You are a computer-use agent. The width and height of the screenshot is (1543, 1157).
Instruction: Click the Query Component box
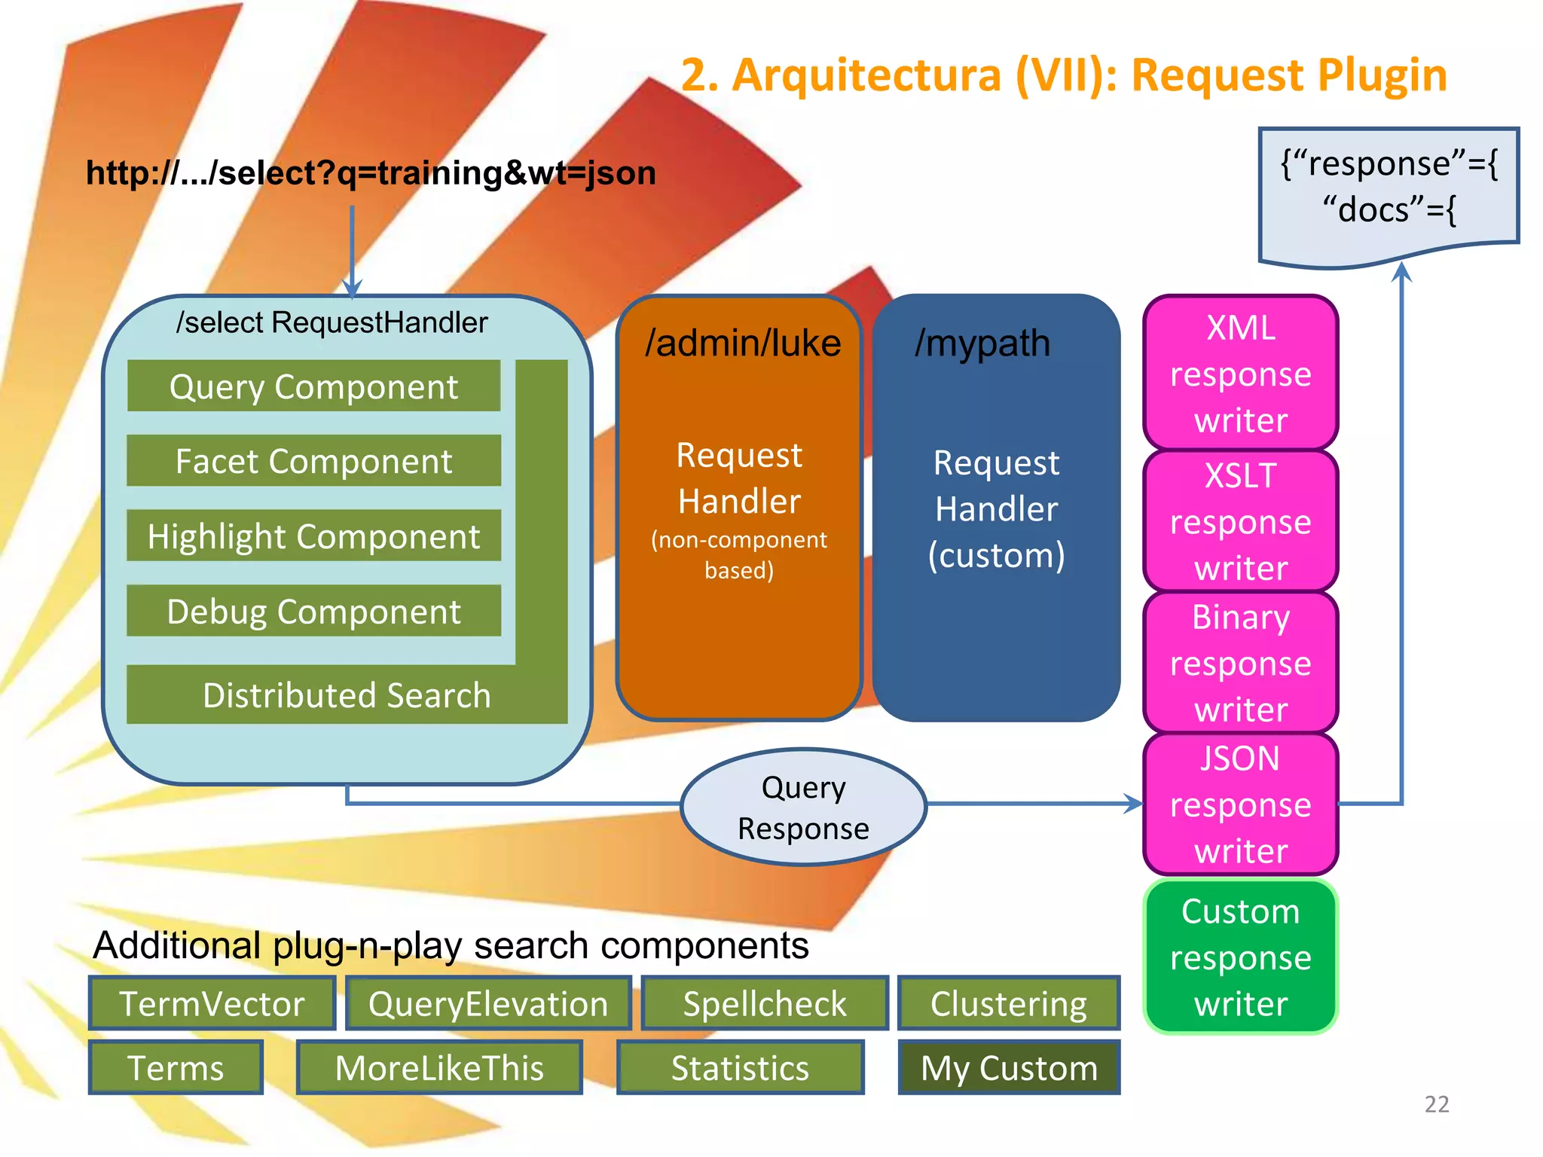pos(313,386)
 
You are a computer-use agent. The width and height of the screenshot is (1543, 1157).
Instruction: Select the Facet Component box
pos(313,461)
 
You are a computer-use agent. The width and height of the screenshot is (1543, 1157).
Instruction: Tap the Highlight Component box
pos(313,536)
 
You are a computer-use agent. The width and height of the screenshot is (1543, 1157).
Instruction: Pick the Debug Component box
pos(313,611)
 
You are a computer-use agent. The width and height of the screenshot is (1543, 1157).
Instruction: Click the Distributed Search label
pos(347,695)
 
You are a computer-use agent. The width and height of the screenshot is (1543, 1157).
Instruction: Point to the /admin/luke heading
pos(742,343)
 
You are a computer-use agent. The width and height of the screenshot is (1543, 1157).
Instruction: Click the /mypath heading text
pos(982,343)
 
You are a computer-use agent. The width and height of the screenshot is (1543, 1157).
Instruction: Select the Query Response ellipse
pos(803,807)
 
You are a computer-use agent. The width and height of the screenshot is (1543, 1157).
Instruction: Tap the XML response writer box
pos(1240,374)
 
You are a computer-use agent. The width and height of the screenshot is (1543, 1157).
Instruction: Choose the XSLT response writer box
pos(1240,521)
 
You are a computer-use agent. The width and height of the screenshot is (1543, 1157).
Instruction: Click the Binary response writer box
pos(1240,663)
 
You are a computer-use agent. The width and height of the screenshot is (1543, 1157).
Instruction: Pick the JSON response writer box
pos(1240,804)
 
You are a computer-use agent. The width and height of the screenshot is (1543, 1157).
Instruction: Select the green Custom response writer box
pos(1240,957)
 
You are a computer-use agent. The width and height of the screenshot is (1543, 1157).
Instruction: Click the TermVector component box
pos(212,1003)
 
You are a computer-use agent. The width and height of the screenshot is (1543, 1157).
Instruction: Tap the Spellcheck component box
pos(764,1003)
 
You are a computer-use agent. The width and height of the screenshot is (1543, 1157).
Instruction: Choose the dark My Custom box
pos(1009,1067)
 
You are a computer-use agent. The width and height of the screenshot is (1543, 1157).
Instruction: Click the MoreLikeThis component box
pos(439,1067)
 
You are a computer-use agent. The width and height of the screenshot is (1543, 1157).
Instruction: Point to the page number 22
pos(1436,1104)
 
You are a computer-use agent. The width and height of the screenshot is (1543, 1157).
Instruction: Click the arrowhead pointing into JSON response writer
pos(1134,804)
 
